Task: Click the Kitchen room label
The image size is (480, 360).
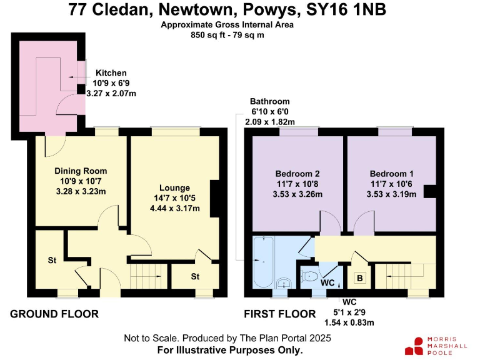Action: click(111, 73)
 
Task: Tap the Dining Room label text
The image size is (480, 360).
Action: click(81, 171)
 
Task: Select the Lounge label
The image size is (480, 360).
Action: click(175, 188)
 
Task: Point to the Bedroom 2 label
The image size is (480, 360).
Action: click(297, 174)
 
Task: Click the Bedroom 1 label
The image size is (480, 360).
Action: click(391, 174)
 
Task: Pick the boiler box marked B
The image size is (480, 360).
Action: click(360, 278)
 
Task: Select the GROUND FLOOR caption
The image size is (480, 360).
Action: click(54, 314)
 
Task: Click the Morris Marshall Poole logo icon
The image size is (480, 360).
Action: click(415, 346)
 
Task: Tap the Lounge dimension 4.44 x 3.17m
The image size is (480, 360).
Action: click(175, 208)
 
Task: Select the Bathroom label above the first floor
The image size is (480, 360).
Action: click(269, 101)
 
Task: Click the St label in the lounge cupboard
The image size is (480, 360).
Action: click(195, 276)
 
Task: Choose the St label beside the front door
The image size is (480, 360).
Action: click(52, 259)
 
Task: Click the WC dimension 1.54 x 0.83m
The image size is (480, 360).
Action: click(349, 322)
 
